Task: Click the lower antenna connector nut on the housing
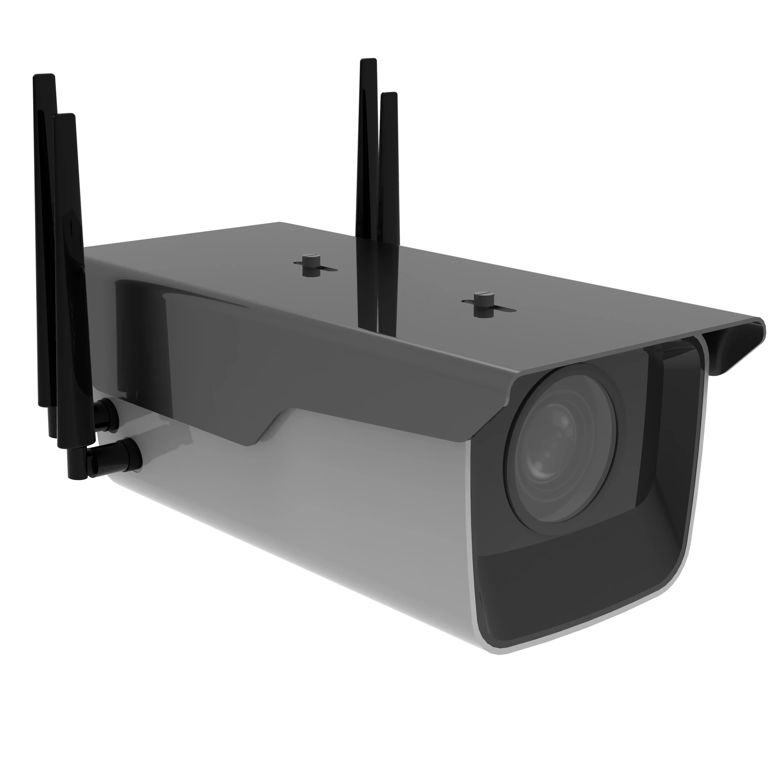[x=128, y=454]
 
